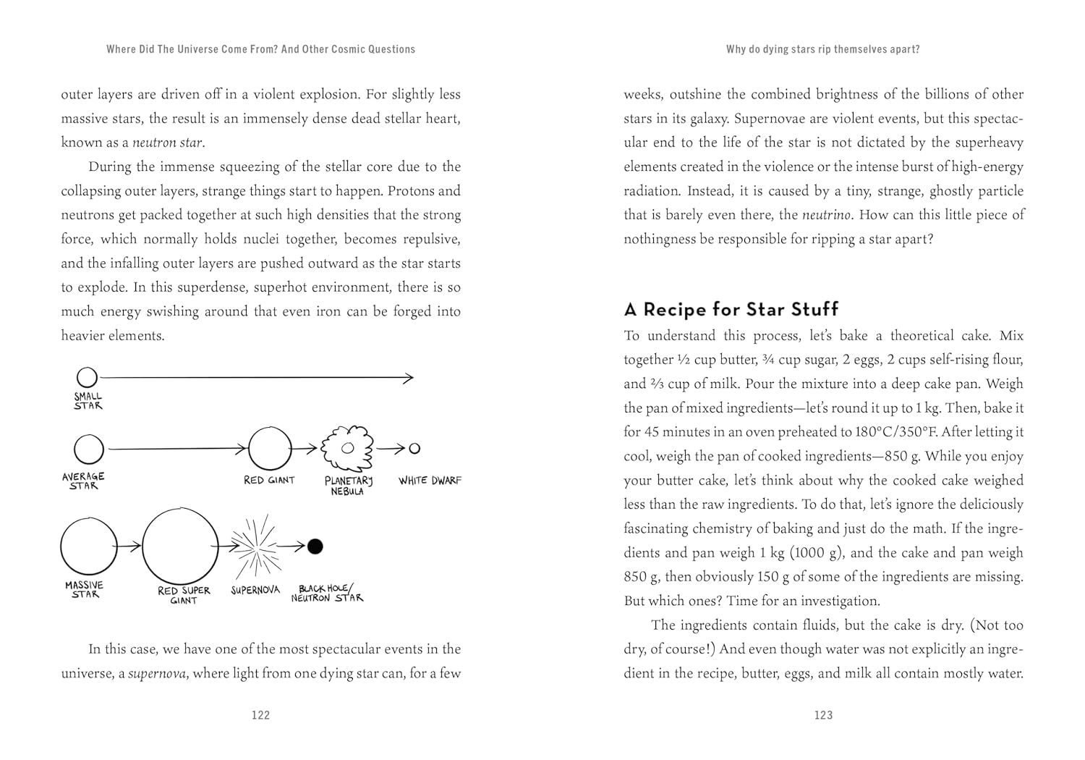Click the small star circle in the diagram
(87, 377)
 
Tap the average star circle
(89, 449)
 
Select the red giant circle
(270, 449)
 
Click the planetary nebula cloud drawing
(347, 449)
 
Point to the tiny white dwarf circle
(414, 449)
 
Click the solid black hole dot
(315, 546)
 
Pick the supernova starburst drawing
(254, 546)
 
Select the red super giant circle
(180, 546)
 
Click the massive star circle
(88, 547)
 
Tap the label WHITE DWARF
(430, 481)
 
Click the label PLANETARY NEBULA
(348, 486)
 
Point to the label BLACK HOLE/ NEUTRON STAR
(327, 594)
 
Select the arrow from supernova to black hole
(291, 546)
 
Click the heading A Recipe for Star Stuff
(731, 309)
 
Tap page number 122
(260, 715)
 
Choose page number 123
(823, 715)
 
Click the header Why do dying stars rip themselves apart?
(822, 49)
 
